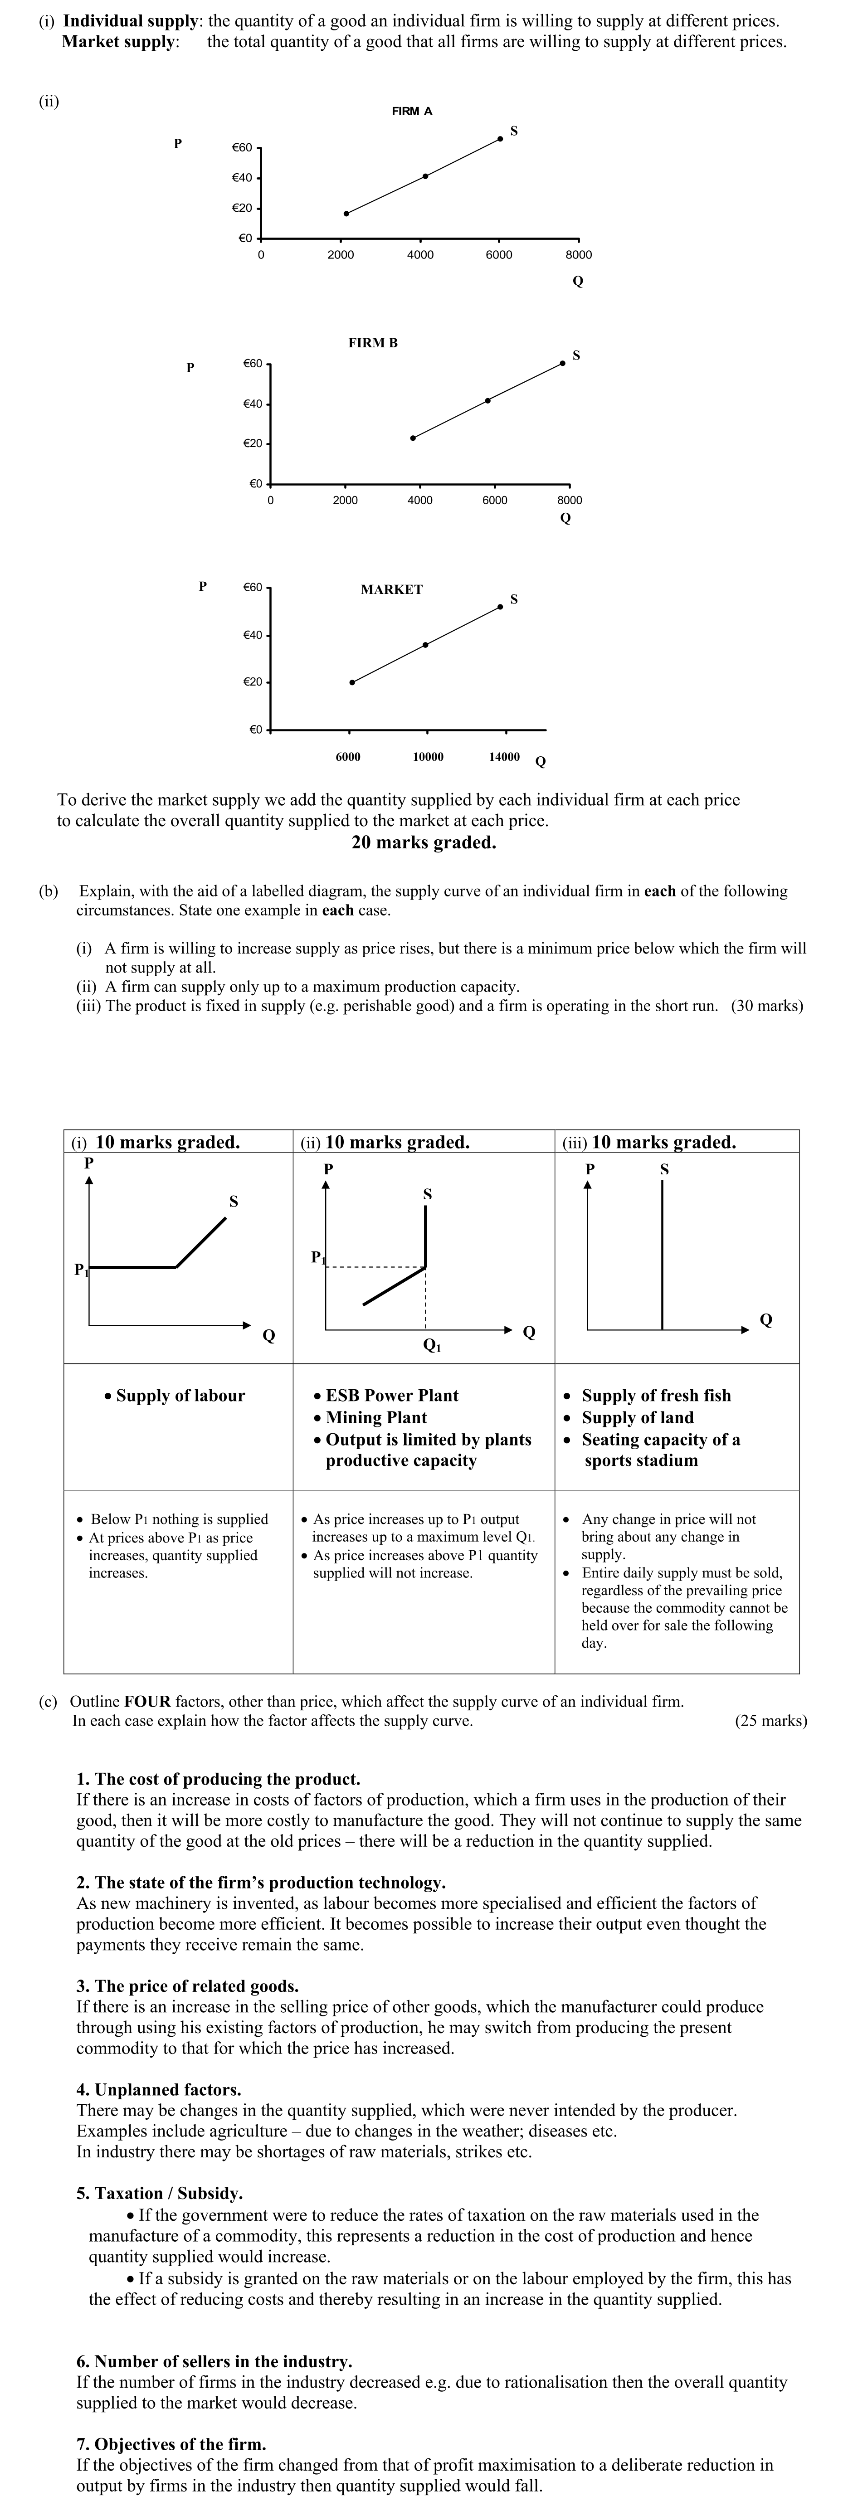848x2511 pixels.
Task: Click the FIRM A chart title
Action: [x=411, y=111]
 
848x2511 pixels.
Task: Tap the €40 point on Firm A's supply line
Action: [x=425, y=176]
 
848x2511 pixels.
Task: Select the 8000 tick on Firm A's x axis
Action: [x=578, y=254]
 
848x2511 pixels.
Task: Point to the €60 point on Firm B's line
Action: [x=562, y=364]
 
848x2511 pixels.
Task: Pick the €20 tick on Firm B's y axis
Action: [x=253, y=443]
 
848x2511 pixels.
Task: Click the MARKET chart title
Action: [x=391, y=590]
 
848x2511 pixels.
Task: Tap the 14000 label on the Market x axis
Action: [x=504, y=756]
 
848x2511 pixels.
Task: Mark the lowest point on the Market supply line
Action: [x=352, y=682]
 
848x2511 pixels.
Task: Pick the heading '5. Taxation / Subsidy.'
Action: [x=159, y=2193]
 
